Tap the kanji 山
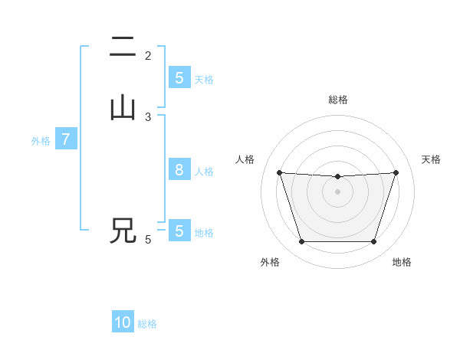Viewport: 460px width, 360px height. coord(123,108)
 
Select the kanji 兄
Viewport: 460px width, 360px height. coord(123,231)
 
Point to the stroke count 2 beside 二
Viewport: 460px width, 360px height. coord(148,55)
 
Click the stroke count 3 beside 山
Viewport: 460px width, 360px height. coord(148,116)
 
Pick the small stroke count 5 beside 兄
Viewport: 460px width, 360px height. coord(148,240)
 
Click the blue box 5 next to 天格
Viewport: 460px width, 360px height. coord(179,77)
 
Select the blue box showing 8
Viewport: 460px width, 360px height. coord(179,170)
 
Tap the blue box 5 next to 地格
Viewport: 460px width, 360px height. coord(179,231)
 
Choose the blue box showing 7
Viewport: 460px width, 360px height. coord(66,139)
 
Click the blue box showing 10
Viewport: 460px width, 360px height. coord(123,322)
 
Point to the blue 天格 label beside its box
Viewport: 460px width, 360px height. coord(204,79)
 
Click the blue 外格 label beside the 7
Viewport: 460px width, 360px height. coord(41,141)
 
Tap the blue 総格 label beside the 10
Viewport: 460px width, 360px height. coord(147,324)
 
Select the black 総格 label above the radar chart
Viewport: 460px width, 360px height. coord(337,100)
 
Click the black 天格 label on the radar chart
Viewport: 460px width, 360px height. coord(431,159)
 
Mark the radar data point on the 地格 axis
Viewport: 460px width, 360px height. coord(373,242)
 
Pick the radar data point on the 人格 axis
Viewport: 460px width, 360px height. coord(279,172)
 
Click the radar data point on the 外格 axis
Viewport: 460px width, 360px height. coord(301,242)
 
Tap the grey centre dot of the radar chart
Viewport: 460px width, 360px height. coord(337,191)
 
